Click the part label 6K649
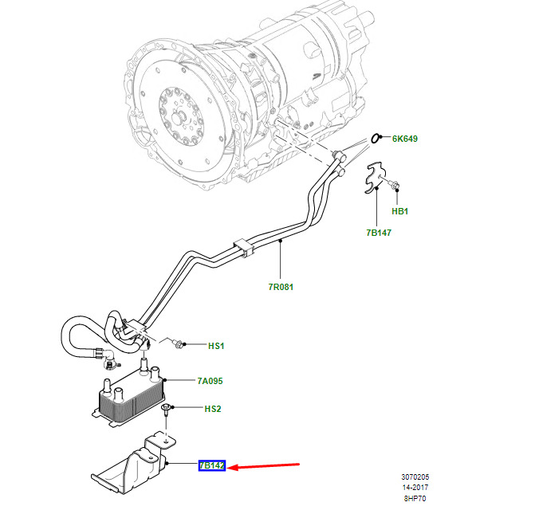pos(405,139)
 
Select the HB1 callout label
pos(400,211)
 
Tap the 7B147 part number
pos(379,233)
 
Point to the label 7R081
pos(281,287)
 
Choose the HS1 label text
pos(216,346)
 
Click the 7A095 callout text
pos(210,381)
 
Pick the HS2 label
pos(213,409)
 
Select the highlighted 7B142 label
pos(212,465)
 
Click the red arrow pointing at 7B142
pos(263,466)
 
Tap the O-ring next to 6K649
pos(375,139)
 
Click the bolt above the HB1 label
pos(394,185)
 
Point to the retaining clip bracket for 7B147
pos(375,178)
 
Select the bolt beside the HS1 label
pos(177,343)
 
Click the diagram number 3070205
pos(415,477)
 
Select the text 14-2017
pos(415,488)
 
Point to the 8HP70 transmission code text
pos(415,499)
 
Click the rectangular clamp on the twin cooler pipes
pos(243,246)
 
